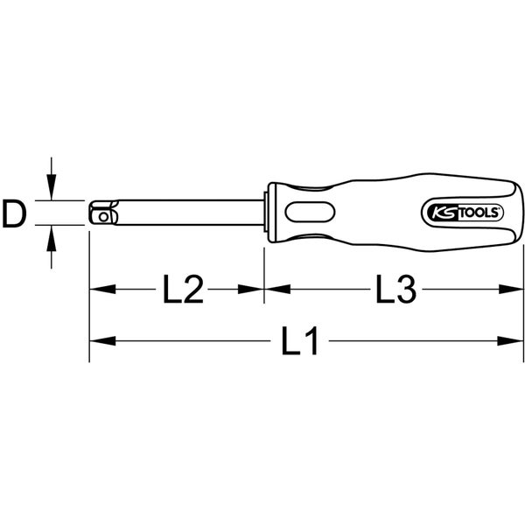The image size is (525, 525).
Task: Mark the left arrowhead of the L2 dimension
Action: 99,290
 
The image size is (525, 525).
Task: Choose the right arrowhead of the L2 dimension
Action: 253,290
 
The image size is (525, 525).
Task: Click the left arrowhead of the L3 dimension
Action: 275,290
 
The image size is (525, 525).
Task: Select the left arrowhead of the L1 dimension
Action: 99,342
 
